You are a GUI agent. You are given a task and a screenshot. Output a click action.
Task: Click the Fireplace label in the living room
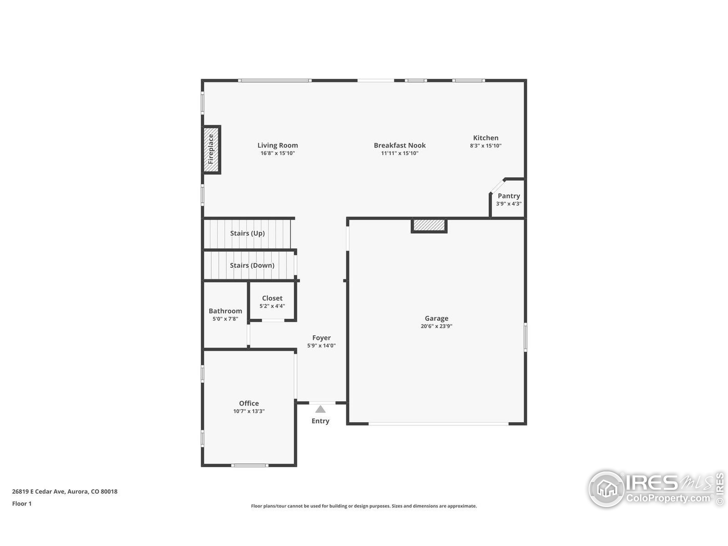211,149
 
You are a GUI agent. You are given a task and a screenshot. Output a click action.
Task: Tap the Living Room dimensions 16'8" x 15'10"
278,153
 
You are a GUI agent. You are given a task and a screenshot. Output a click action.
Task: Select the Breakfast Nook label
400,145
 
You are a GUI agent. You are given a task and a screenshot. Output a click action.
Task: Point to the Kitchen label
485,138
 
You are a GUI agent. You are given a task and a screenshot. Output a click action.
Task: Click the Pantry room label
509,196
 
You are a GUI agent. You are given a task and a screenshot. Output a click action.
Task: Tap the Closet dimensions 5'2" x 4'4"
272,306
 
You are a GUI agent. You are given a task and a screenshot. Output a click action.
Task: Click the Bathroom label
226,311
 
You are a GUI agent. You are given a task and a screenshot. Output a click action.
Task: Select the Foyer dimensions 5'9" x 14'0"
322,346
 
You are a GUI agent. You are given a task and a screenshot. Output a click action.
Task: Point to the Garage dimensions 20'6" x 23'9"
437,326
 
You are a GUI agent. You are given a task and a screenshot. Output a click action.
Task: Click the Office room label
249,403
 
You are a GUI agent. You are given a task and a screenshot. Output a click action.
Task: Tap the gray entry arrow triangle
320,409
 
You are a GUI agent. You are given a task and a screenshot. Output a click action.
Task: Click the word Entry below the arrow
320,421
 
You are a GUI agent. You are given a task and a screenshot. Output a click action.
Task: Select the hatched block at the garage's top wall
429,226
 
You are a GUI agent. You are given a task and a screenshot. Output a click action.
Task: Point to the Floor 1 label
22,504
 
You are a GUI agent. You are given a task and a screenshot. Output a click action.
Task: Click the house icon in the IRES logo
607,489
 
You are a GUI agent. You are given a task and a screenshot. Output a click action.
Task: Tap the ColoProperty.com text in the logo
668,498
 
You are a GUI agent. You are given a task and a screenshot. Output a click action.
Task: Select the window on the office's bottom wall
250,465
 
